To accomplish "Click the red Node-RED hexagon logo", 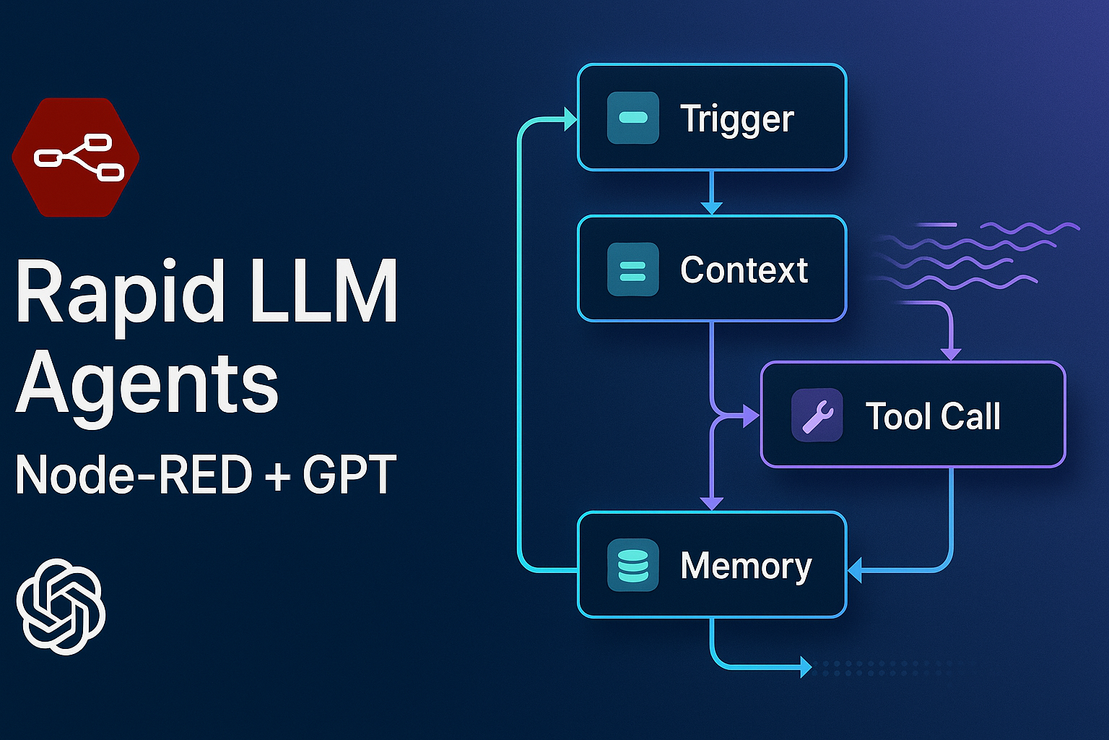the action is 75,157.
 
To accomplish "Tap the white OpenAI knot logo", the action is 61,606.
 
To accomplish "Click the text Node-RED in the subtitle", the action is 134,474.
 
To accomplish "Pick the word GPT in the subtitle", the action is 350,474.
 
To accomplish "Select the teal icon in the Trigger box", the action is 632,118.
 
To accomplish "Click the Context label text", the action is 744,270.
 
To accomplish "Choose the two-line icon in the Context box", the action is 632,269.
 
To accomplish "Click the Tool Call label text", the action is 933,416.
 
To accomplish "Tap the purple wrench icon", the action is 817,415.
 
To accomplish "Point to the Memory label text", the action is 746,567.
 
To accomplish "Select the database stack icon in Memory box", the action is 632,565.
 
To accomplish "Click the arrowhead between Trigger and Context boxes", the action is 711,207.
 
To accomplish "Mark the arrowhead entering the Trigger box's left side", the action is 571,119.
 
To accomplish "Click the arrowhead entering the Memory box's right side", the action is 855,570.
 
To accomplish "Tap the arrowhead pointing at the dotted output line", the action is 806,668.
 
